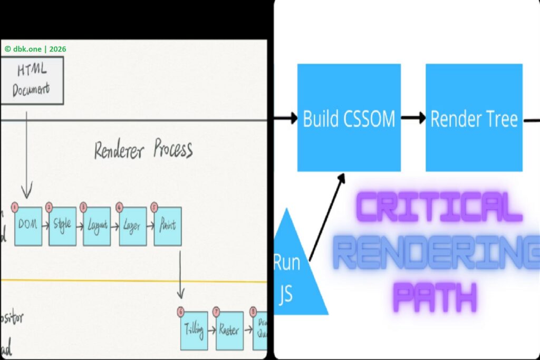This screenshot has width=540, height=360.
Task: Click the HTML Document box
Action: [32, 81]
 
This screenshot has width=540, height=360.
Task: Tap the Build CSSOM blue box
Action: [349, 118]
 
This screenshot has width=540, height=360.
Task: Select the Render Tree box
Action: [474, 118]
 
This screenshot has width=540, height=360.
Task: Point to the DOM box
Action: [28, 227]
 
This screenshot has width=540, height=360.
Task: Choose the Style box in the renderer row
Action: [62, 227]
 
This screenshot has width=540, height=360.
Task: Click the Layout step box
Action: [97, 227]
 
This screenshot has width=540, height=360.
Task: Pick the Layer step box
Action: [132, 227]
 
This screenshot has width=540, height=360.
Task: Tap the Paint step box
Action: [168, 227]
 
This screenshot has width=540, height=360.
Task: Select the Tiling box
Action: [194, 331]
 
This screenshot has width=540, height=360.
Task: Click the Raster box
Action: [228, 331]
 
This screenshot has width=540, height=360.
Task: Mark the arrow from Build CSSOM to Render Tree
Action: [413, 118]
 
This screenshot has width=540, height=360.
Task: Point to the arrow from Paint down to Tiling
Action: [181, 274]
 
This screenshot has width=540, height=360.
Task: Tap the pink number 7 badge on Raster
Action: [216, 311]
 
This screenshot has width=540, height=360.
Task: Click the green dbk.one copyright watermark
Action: [35, 49]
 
